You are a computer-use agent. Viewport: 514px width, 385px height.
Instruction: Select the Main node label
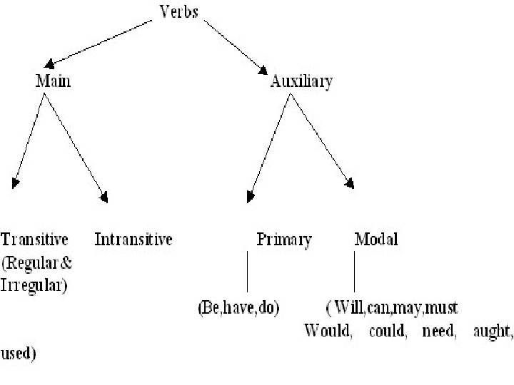(x=54, y=81)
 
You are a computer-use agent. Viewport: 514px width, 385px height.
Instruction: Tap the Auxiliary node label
(x=301, y=81)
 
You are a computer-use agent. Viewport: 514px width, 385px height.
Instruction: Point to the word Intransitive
(x=133, y=239)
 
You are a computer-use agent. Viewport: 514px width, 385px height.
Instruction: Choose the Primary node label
(x=283, y=240)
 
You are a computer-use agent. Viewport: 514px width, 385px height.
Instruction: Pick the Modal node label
(x=376, y=239)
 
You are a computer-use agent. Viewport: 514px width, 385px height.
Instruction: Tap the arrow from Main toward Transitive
(x=29, y=139)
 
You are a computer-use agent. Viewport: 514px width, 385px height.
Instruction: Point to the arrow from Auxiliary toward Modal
(x=321, y=140)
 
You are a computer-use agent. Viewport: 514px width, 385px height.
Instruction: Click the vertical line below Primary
(x=246, y=275)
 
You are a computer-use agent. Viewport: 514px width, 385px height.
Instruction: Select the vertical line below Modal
(x=355, y=275)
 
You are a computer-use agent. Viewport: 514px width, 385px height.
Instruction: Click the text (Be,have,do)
(x=238, y=309)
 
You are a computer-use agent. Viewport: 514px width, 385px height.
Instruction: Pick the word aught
(x=493, y=332)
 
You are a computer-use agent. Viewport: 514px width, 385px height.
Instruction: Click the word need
(x=438, y=332)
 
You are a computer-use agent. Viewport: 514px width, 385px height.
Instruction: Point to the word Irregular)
(x=34, y=286)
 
